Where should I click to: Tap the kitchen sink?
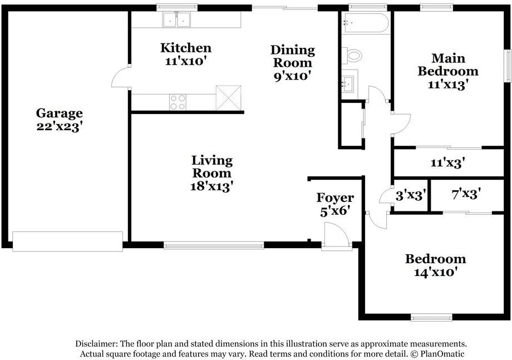click(176, 19)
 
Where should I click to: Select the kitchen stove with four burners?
click(178, 102)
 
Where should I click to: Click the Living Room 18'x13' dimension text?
click(211, 186)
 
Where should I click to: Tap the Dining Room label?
click(293, 56)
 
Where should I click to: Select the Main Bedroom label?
click(448, 65)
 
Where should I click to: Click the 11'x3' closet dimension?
click(447, 162)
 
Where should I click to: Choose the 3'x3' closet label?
click(411, 195)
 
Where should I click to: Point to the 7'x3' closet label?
click(466, 194)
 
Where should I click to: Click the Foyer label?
click(335, 198)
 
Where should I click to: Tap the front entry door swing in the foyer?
click(336, 235)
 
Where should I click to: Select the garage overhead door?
click(67, 241)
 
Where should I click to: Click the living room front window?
click(214, 245)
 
